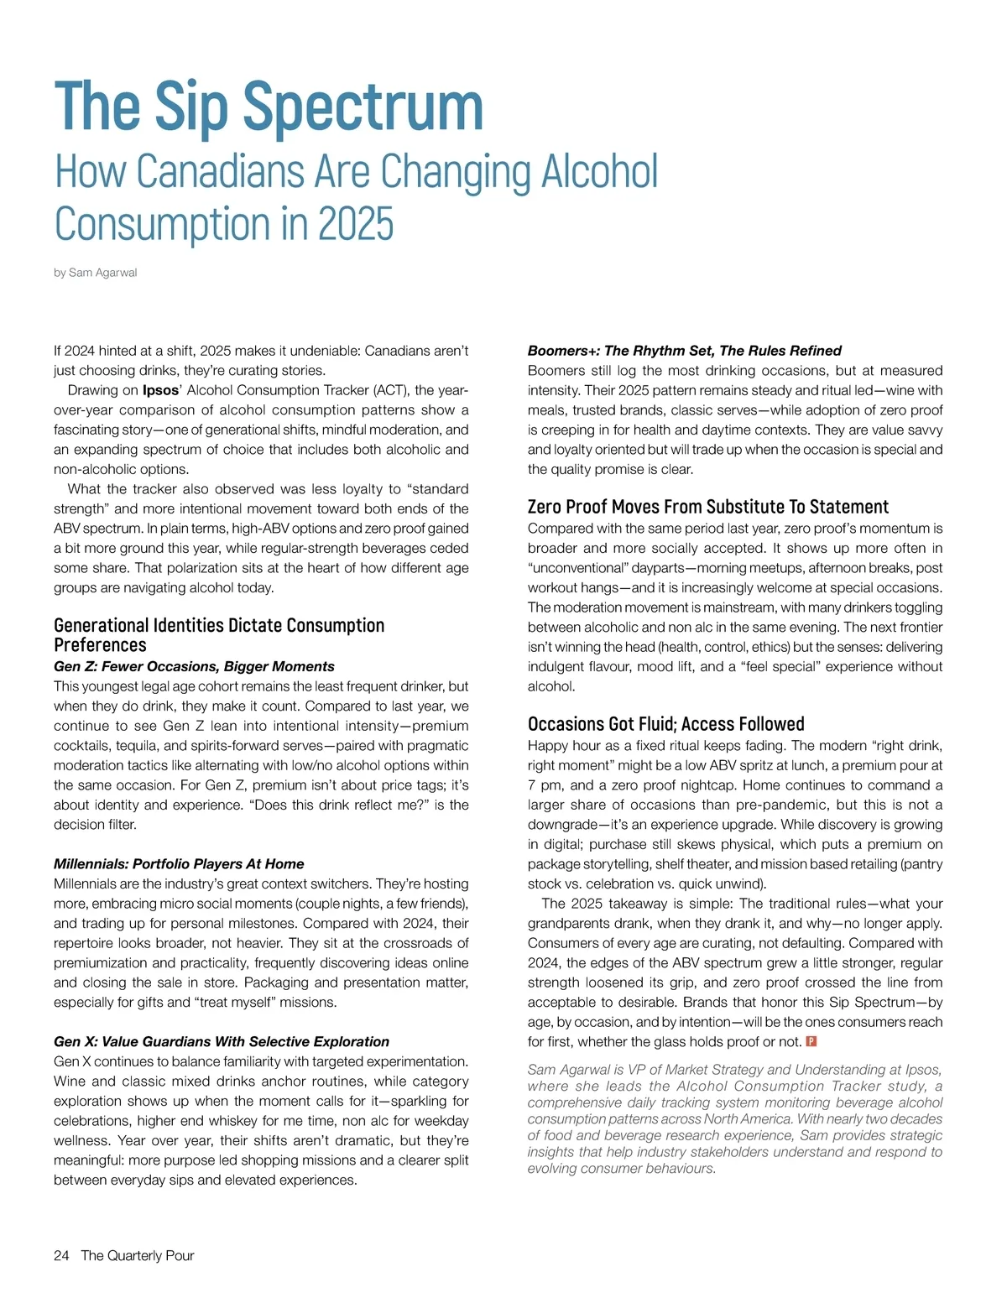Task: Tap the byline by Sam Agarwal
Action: [x=96, y=273]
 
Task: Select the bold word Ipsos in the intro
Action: [x=160, y=390]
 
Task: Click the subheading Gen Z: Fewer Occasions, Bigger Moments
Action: [x=194, y=666]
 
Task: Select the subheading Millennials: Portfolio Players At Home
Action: [x=179, y=863]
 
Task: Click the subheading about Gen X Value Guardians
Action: [x=222, y=1041]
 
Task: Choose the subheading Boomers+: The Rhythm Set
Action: [x=684, y=351]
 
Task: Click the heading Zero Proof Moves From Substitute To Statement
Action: [x=707, y=507]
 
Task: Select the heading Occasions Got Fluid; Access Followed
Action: [x=665, y=724]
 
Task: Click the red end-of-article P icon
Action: [x=811, y=1042]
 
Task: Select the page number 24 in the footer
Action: [x=61, y=1255]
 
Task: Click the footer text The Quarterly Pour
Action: [x=138, y=1255]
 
